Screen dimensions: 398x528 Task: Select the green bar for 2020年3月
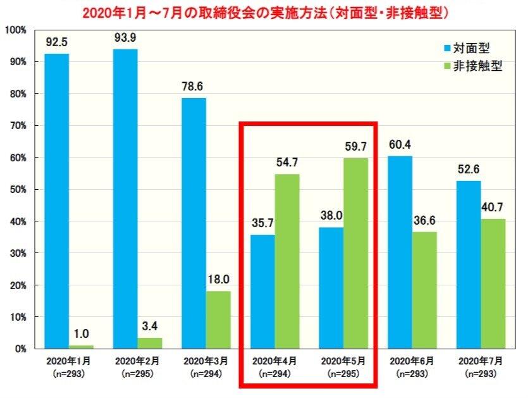point(218,320)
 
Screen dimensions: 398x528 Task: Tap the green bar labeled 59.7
point(355,253)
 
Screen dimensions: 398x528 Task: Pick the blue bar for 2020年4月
point(262,291)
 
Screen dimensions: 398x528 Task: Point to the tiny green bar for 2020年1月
point(81,347)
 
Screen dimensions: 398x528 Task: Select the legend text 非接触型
point(478,65)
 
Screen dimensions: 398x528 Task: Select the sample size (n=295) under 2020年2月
point(137,373)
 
